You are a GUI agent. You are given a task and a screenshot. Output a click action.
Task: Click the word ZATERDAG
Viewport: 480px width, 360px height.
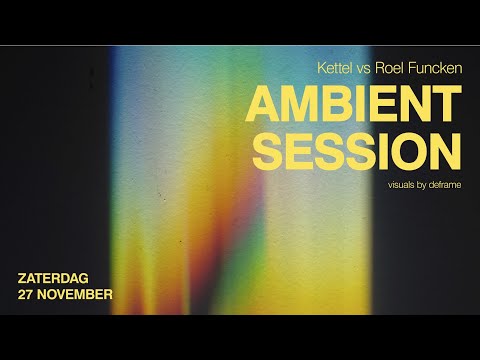[58, 278]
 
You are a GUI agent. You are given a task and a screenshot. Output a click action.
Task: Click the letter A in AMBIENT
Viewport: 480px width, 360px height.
[262, 105]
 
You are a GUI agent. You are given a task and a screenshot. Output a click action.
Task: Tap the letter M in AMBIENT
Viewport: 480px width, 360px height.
[300, 105]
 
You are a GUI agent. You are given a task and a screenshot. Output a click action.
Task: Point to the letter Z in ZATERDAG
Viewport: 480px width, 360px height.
[24, 278]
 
